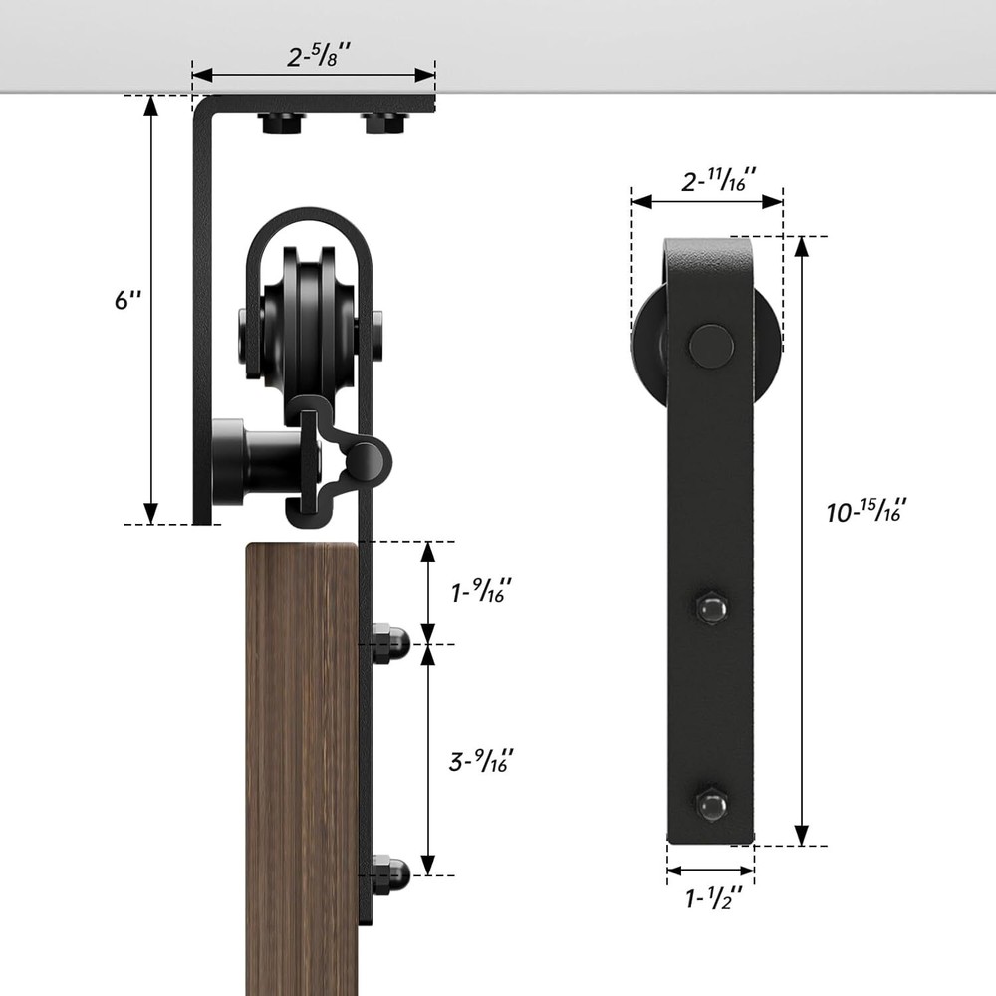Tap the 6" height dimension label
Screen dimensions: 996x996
(127, 299)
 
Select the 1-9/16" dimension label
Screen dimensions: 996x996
(482, 593)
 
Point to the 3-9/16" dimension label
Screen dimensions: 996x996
(482, 762)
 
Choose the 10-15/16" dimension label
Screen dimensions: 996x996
(866, 512)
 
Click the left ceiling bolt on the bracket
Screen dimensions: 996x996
(282, 124)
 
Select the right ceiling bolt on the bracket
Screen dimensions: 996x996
(383, 124)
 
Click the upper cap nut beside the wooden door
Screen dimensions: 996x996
(389, 643)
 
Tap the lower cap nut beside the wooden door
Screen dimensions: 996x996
(389, 873)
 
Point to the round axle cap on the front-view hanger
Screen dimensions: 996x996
(711, 346)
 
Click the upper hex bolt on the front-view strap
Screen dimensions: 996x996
(711, 607)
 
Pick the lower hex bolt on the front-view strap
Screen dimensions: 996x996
(711, 804)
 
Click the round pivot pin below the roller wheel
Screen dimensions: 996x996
(365, 460)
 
